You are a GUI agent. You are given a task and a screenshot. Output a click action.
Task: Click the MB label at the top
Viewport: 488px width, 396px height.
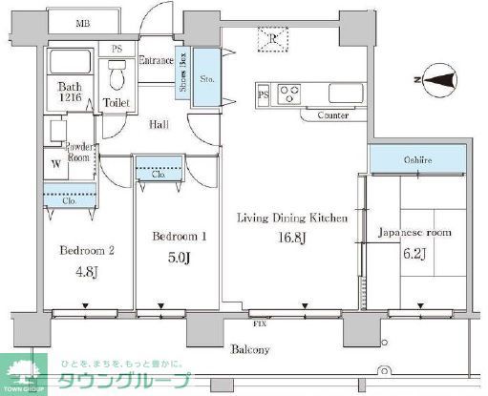(84, 22)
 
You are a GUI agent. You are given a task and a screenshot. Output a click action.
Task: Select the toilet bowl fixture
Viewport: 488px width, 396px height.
(118, 74)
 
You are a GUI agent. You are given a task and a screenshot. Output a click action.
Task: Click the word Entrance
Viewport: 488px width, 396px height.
(156, 61)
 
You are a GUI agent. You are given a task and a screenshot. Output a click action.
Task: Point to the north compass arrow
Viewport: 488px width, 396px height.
(436, 81)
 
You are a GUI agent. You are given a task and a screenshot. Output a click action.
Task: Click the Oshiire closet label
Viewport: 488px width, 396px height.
(416, 160)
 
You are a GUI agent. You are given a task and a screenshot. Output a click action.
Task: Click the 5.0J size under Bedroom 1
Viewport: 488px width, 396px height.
(179, 257)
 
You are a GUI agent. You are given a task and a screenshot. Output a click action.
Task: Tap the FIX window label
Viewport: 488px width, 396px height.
(259, 324)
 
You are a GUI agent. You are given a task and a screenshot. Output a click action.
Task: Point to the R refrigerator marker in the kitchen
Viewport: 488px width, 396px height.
(273, 38)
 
